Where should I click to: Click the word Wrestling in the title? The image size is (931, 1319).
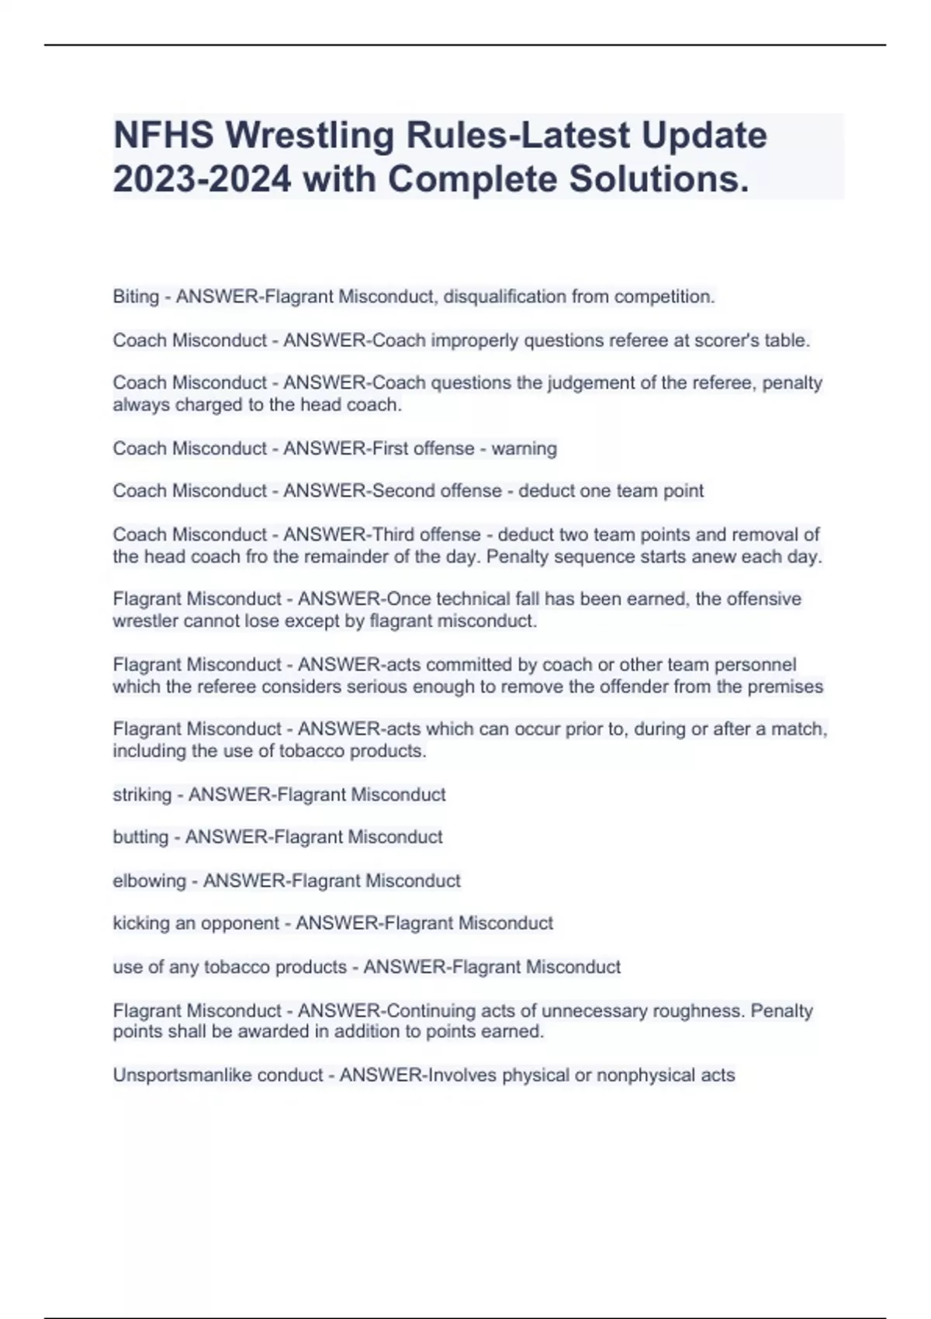coord(310,136)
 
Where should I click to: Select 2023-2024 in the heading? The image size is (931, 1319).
coord(202,180)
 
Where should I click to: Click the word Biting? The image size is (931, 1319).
coord(136,296)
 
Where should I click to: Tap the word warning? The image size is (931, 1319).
coord(524,448)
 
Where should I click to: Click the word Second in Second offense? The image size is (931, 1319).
coord(404,491)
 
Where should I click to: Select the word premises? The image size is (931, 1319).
coord(785,687)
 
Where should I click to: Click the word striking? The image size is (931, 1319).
coord(142,795)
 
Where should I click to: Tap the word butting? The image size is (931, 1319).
coord(140,837)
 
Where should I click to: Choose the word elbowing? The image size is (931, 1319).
coord(150,881)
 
